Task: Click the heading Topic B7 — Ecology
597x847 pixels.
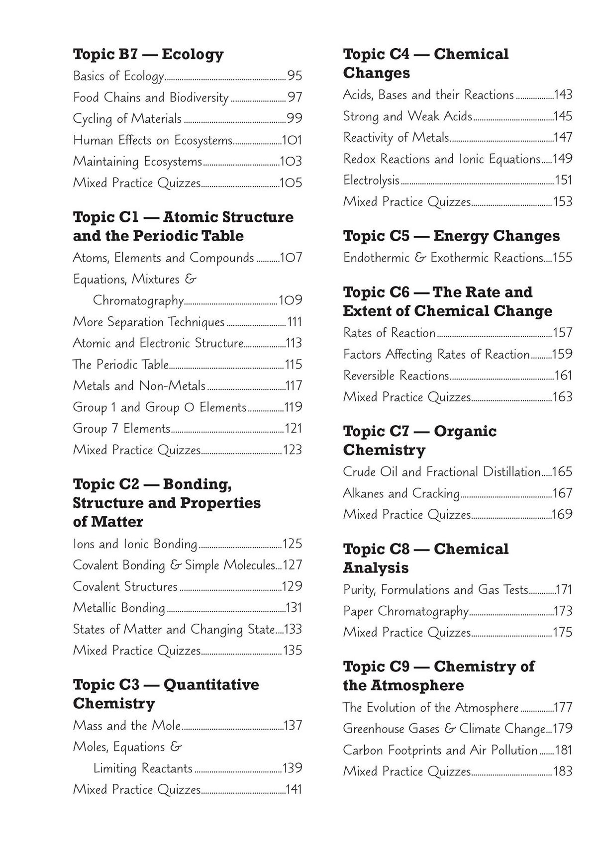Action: click(x=148, y=54)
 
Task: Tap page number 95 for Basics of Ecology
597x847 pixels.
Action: click(x=295, y=76)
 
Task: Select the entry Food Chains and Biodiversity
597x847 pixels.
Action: click(x=150, y=97)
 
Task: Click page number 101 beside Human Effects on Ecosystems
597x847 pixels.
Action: click(x=292, y=140)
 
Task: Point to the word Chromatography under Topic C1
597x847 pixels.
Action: click(x=138, y=300)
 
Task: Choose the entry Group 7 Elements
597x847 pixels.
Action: click(x=121, y=429)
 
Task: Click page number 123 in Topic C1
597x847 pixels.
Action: click(x=292, y=450)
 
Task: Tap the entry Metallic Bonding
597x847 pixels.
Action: click(x=118, y=608)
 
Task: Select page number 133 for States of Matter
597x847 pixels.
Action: click(x=293, y=629)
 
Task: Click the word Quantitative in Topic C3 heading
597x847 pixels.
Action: click(x=211, y=685)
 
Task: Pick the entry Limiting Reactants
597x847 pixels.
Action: click(x=143, y=768)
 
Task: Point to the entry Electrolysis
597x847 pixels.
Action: click(x=371, y=180)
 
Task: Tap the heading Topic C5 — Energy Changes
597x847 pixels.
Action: click(x=451, y=236)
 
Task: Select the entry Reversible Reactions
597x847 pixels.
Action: click(x=396, y=376)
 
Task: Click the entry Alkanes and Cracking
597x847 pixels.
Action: click(x=401, y=493)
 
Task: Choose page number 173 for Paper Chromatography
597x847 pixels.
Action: click(x=563, y=611)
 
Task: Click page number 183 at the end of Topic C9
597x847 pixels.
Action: click(x=563, y=772)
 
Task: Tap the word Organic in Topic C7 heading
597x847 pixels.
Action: click(x=465, y=431)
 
